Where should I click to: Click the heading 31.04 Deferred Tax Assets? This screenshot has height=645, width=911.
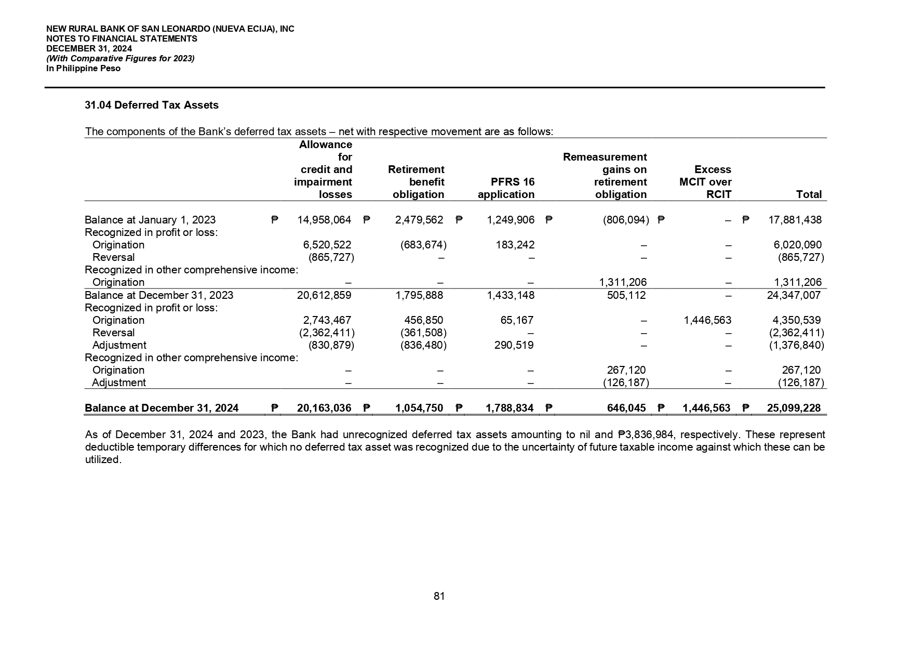(x=152, y=106)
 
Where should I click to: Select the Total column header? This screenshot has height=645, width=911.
(x=809, y=195)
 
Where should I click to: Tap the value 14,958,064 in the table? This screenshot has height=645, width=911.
(x=324, y=220)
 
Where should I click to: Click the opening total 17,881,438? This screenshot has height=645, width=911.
(x=795, y=220)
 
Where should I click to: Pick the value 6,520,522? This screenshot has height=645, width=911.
(x=327, y=245)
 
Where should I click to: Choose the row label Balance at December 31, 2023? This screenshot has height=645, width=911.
(x=159, y=295)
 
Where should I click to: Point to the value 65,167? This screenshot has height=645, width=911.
(x=517, y=320)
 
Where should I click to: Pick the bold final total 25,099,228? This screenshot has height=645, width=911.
(x=794, y=408)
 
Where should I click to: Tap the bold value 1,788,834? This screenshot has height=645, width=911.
(x=510, y=408)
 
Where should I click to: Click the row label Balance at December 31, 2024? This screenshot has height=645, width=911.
(x=162, y=408)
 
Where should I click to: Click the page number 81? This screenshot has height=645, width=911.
(x=439, y=596)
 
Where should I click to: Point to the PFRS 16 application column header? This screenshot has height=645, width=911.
(x=506, y=188)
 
